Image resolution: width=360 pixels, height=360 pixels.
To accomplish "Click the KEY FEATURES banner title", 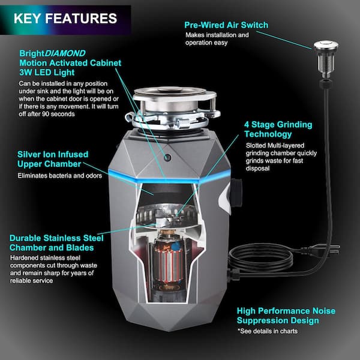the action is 65,19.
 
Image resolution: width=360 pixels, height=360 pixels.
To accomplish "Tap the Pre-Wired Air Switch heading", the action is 226,25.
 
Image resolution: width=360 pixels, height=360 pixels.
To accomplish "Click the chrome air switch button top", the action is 326,45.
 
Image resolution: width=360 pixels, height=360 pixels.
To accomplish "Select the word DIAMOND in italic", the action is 65,53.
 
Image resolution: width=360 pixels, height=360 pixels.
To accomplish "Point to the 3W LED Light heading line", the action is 47,73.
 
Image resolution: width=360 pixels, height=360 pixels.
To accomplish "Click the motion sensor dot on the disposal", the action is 167,157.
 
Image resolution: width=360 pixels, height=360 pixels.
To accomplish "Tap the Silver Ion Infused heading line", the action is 53,154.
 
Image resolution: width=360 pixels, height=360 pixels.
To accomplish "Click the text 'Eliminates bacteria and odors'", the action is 59,176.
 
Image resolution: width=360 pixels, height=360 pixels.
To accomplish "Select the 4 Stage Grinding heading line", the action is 278,125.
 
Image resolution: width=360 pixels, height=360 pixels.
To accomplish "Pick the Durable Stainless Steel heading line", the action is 56,238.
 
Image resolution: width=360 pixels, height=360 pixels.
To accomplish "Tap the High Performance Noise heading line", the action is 286,311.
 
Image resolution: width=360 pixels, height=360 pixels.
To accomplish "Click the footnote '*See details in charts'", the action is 268,331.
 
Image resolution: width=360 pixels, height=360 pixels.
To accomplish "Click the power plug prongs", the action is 335,250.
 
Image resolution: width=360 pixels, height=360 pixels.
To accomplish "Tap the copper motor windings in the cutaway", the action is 168,264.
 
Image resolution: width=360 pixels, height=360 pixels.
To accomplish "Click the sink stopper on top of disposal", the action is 170,90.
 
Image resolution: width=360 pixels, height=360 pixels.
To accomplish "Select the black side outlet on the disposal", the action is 236,193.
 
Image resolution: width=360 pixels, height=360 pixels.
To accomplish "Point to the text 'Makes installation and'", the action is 217,35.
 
